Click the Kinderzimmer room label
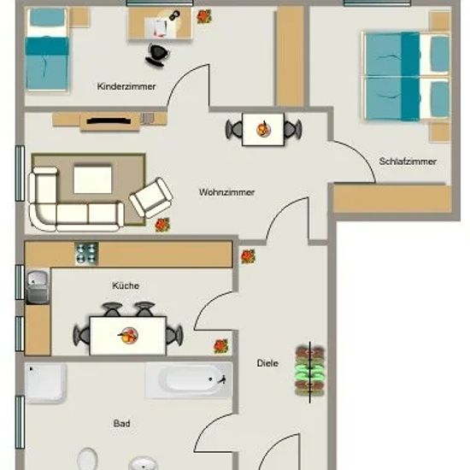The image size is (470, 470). (x=126, y=86)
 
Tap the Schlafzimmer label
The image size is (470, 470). (x=408, y=162)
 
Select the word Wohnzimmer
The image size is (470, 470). (x=227, y=192)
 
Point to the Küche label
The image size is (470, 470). (x=126, y=285)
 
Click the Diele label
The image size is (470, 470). (x=267, y=363)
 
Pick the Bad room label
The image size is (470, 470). (x=121, y=424)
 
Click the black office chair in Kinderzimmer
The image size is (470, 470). (x=158, y=56)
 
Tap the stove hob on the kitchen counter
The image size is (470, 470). (x=86, y=253)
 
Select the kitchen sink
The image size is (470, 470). (x=37, y=286)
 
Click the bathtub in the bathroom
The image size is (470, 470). (x=189, y=380)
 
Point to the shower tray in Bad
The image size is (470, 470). (x=45, y=383)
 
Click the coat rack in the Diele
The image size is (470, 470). (x=310, y=371)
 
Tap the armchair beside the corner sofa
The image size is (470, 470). (x=150, y=198)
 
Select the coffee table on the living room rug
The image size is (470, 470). (x=92, y=179)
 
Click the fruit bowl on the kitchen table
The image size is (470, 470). (x=128, y=336)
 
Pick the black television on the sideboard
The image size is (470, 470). (x=109, y=121)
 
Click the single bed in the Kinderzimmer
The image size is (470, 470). (x=47, y=50)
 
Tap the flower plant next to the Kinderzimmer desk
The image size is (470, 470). (x=204, y=16)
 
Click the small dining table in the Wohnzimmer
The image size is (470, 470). (x=263, y=129)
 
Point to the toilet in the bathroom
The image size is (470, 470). (x=87, y=459)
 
